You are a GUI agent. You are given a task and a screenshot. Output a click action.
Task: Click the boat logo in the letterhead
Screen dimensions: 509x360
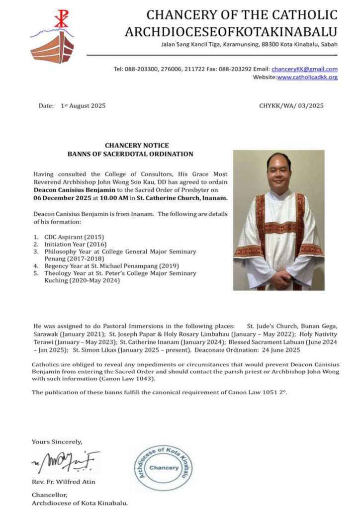click(x=52, y=47)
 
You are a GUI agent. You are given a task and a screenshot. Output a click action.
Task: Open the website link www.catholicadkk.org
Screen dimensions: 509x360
click(x=307, y=77)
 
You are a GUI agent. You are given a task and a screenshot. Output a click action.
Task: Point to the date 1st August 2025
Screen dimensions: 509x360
click(x=83, y=106)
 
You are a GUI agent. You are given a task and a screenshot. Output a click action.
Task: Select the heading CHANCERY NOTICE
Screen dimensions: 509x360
click(x=130, y=146)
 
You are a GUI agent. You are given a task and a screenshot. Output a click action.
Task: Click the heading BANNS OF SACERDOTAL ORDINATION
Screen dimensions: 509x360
click(x=130, y=154)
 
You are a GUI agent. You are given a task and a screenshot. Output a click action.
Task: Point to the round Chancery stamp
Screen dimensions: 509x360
click(x=164, y=468)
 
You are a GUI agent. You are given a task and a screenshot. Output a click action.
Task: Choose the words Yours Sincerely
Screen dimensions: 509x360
click(x=57, y=441)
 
